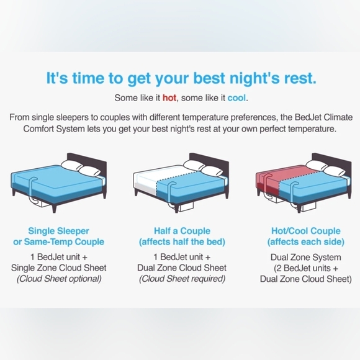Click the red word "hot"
click(x=170, y=98)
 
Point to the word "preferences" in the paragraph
click(x=268, y=117)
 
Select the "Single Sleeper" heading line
click(x=59, y=231)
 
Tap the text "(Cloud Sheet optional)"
click(x=59, y=279)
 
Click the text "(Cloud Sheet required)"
click(x=182, y=279)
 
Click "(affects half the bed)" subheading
click(x=182, y=242)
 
